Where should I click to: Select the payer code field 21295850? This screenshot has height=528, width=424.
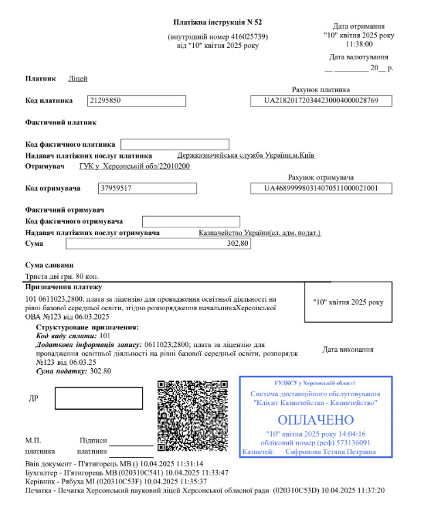point(137,100)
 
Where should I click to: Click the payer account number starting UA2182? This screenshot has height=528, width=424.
point(321,100)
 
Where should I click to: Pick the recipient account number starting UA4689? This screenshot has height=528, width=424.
point(321,188)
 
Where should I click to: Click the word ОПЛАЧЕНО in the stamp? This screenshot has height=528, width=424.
point(316,419)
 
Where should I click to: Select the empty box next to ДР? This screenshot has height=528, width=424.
point(98,398)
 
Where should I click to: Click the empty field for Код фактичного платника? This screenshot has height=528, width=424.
point(174,144)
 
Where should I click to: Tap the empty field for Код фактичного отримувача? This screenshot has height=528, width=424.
point(190,221)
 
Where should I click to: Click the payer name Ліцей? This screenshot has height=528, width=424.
point(78,79)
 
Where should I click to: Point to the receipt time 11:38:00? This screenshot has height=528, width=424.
point(357,42)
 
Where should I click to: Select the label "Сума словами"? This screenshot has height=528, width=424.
point(49,265)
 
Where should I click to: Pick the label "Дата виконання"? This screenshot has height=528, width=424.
point(348,350)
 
